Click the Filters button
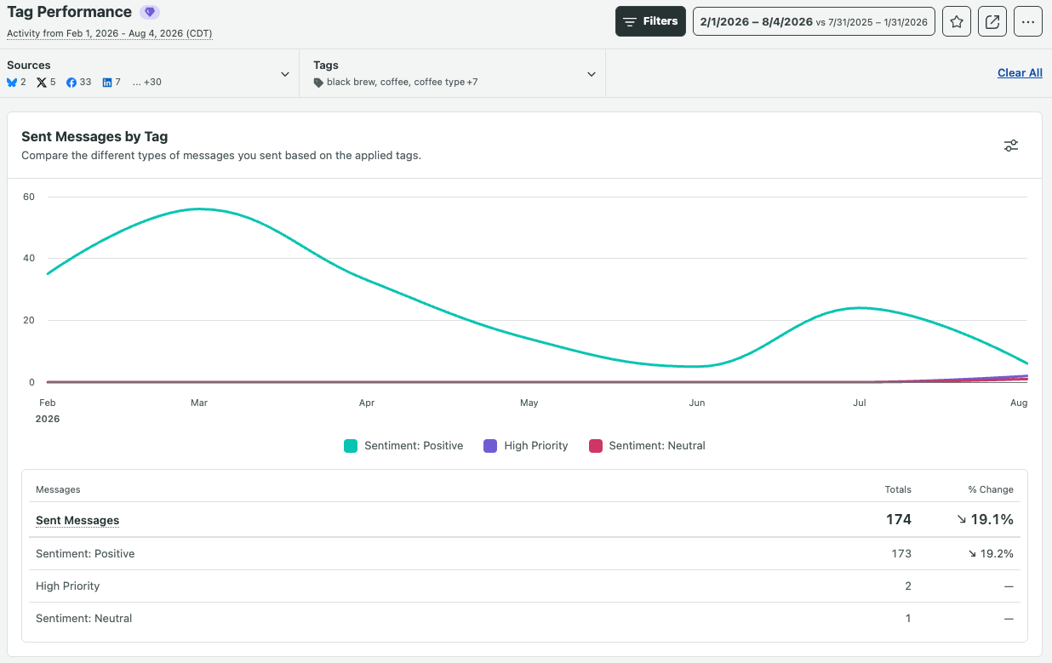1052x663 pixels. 650,21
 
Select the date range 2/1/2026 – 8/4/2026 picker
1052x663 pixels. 814,21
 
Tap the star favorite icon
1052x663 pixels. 957,21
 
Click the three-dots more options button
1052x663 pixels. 1028,21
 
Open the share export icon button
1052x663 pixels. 992,21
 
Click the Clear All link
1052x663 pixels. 1020,73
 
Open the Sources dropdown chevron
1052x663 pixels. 285,74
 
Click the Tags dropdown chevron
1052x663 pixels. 592,74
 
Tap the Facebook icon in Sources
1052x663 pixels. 71,83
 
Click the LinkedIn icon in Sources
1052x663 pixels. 107,83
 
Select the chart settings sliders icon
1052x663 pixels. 1011,146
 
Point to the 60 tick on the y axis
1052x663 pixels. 29,197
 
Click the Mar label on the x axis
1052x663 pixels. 199,403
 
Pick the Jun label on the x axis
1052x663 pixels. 697,403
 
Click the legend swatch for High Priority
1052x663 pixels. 490,446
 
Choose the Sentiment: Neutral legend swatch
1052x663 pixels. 596,446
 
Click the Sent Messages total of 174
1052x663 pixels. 899,519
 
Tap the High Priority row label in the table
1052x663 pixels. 67,586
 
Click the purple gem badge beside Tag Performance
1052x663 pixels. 150,12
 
